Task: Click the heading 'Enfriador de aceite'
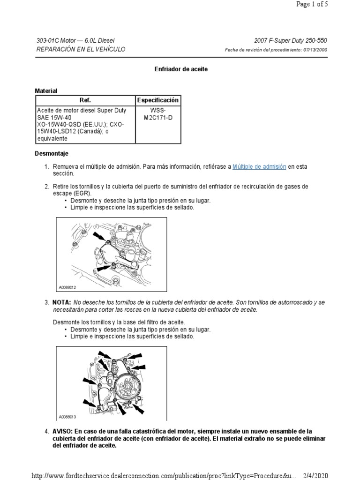pyautogui.click(x=181, y=69)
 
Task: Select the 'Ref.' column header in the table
pyautogui.click(x=85, y=100)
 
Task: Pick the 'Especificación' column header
pyautogui.click(x=157, y=100)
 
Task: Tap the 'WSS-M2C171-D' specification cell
pyautogui.click(x=157, y=114)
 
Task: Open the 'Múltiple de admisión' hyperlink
pyautogui.click(x=259, y=166)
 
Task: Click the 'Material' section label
pyautogui.click(x=46, y=90)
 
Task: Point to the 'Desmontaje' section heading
pyautogui.click(x=52, y=153)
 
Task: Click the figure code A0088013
pyautogui.click(x=67, y=416)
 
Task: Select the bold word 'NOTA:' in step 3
pyautogui.click(x=62, y=302)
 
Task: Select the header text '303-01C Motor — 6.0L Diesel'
pyautogui.click(x=75, y=41)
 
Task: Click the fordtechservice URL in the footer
pyautogui.click(x=164, y=474)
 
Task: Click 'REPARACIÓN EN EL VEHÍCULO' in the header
pyautogui.click(x=81, y=50)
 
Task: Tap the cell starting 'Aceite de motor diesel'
pyautogui.click(x=85, y=125)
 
